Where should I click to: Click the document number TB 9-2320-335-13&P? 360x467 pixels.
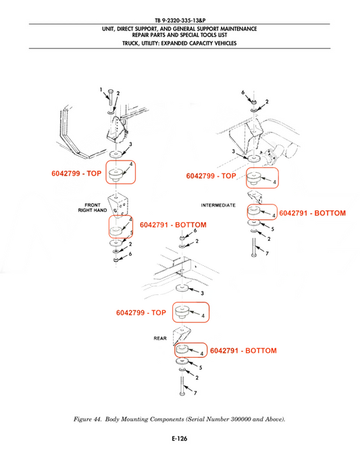click(180, 20)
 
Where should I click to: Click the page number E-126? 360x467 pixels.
click(180, 439)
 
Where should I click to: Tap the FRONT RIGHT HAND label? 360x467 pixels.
click(93, 208)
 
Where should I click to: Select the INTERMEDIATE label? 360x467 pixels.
click(218, 205)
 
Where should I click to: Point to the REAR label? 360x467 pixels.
click(160, 338)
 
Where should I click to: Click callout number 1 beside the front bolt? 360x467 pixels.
click(101, 89)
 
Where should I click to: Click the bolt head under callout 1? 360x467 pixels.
click(111, 90)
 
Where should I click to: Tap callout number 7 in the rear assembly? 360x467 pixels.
click(195, 393)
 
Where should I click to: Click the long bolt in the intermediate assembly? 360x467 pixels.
click(254, 247)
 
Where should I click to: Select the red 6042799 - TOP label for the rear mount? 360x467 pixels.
click(141, 312)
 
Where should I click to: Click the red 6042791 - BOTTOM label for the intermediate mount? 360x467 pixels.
click(312, 213)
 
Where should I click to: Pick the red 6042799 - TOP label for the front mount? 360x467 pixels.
click(76, 173)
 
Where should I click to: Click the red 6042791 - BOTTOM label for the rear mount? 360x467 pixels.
click(243, 350)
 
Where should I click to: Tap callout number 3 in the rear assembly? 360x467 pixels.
click(202, 294)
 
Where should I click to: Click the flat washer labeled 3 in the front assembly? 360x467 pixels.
click(115, 155)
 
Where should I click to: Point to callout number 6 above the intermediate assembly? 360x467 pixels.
click(243, 92)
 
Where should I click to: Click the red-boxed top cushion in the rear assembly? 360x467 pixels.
click(181, 312)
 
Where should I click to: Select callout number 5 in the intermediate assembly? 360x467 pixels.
click(272, 229)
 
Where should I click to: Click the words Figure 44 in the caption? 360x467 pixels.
click(87, 419)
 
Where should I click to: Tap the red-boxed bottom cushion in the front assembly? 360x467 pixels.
click(117, 231)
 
